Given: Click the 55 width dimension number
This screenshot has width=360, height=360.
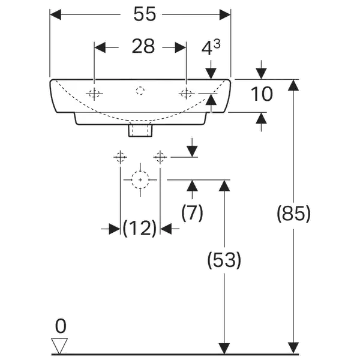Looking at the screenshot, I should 144,16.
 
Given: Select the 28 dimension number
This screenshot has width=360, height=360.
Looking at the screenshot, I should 143,47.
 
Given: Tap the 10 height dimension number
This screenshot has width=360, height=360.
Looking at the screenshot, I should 262,94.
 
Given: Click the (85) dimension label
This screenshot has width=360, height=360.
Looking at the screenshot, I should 293,214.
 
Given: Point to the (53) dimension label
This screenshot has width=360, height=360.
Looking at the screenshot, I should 224,260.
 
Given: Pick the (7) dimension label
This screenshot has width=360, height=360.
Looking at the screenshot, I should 191,212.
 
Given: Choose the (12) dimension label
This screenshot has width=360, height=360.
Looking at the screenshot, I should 139,228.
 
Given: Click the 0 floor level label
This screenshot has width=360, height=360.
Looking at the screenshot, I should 60,327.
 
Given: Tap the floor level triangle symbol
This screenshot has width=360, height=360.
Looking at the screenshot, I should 60,346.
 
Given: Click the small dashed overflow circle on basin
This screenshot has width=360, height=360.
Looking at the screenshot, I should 141,91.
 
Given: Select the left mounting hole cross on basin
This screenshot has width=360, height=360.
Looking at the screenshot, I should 94,93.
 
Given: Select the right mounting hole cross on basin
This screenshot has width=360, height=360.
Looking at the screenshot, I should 187,93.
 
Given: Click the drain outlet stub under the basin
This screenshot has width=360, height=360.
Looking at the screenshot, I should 140,128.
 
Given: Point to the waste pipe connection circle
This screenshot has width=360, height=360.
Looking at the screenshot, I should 140,179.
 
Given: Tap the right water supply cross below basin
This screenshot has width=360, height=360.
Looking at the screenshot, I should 160,157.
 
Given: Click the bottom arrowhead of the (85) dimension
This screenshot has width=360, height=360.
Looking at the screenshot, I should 293,347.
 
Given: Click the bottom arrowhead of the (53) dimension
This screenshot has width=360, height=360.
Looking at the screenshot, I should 224,347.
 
